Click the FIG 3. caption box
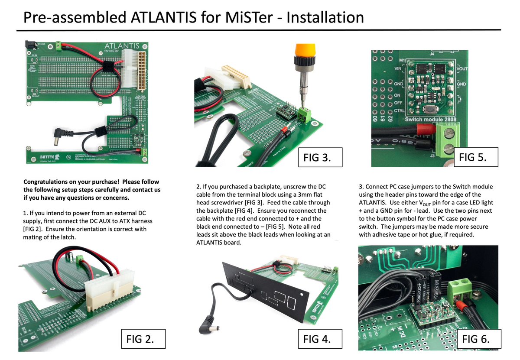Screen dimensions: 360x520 320,158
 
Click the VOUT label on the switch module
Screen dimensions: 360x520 461,68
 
